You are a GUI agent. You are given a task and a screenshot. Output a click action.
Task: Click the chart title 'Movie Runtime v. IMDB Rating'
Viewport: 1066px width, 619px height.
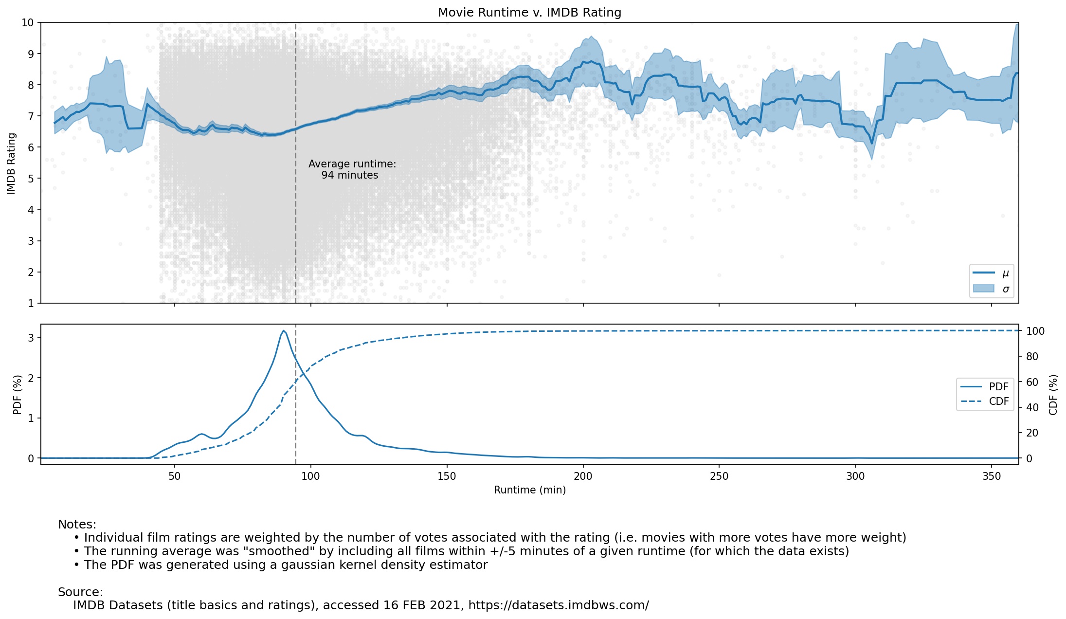[x=529, y=13]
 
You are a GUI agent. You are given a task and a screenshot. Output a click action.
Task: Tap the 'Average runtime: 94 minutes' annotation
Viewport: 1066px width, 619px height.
[x=352, y=170]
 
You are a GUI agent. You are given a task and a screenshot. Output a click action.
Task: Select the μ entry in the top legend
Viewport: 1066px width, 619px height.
[x=991, y=273]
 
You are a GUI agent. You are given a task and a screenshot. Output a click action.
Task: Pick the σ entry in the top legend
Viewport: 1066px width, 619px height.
[x=991, y=289]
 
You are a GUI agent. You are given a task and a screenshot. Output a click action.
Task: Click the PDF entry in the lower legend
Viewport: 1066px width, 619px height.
[x=984, y=387]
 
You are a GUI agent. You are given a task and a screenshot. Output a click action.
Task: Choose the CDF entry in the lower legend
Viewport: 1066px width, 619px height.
[x=984, y=401]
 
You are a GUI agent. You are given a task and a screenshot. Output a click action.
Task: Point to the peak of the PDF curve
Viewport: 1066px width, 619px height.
[x=283, y=331]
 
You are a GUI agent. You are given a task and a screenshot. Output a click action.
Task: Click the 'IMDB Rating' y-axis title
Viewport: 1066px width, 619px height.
[x=12, y=164]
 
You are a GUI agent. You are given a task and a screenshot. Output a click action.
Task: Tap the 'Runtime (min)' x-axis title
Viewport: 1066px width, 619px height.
[x=529, y=490]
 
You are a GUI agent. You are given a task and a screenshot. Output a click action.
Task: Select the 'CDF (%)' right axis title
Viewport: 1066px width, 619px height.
[x=1053, y=395]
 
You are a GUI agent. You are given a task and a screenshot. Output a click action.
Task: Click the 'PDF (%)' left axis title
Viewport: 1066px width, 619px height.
[x=18, y=395]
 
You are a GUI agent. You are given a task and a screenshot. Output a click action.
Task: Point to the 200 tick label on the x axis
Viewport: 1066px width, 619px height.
[x=583, y=476]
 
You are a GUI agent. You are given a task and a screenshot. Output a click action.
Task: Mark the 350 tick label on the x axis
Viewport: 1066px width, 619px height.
[x=991, y=476]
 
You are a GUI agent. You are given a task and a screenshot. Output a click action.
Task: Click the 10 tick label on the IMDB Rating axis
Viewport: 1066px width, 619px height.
[x=28, y=23]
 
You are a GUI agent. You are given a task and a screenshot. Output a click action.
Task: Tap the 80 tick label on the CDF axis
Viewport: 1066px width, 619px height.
[x=1032, y=357]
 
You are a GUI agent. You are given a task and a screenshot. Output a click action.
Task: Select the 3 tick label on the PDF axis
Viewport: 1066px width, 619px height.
[x=31, y=338]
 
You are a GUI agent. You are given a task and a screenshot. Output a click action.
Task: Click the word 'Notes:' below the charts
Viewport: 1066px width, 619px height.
[x=77, y=525]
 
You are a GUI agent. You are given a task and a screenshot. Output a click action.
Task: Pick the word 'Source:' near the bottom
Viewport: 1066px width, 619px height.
[x=80, y=592]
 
